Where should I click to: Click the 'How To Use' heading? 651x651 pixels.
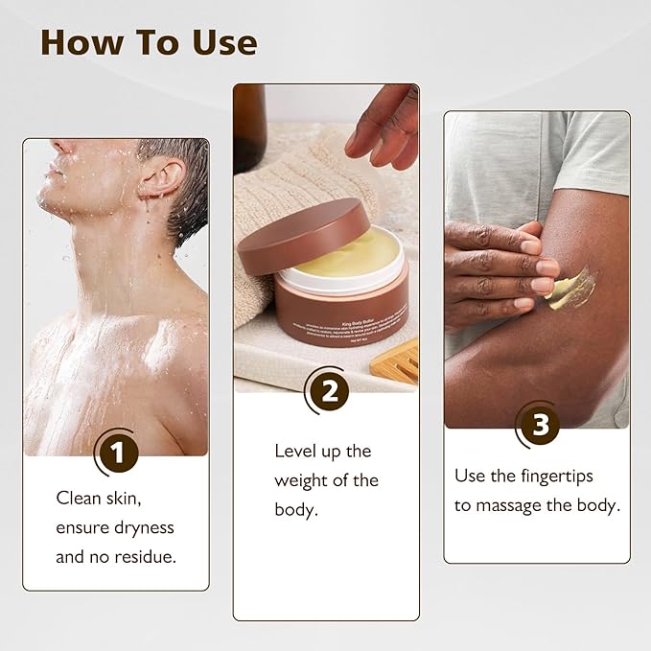(149, 42)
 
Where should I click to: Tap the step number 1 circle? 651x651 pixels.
(117, 453)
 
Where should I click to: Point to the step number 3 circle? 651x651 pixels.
(540, 426)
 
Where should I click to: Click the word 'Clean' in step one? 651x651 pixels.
(79, 498)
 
